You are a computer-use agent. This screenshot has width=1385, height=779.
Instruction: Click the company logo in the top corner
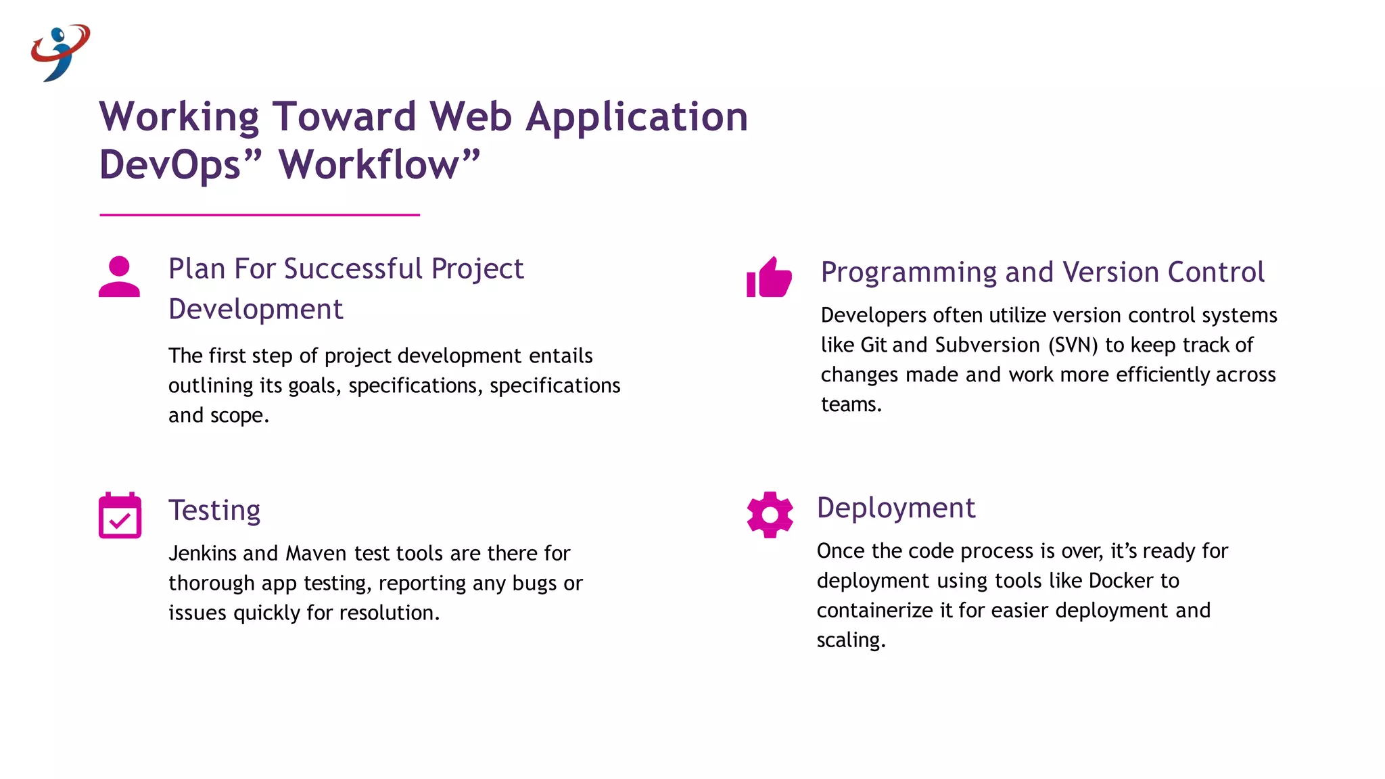60,52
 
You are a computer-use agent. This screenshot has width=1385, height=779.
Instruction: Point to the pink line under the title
260,215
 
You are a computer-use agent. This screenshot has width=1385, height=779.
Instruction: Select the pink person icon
119,277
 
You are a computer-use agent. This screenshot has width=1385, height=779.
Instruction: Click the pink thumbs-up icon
769,277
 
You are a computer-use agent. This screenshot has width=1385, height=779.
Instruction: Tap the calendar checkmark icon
120,515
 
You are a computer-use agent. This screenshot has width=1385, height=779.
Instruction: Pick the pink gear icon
770,515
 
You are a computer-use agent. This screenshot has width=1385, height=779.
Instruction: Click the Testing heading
214,511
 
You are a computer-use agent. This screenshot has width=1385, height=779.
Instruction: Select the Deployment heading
895,508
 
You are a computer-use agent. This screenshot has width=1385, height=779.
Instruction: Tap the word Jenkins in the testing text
202,553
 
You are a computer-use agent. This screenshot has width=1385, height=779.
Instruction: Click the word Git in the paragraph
873,346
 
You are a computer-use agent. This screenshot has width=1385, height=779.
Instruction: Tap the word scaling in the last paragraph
850,640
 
